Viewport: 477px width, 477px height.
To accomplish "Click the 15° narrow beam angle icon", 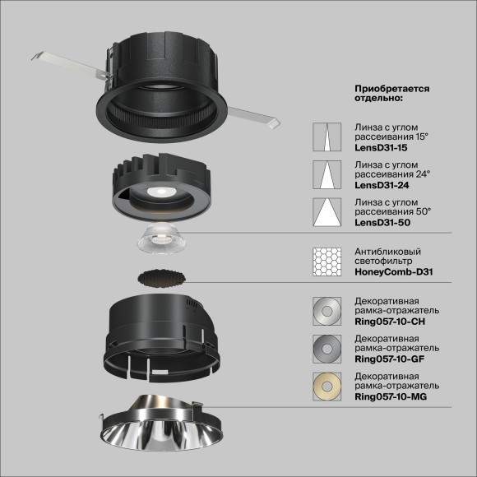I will pos(327,136).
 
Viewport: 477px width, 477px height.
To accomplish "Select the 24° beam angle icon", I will pos(327,175).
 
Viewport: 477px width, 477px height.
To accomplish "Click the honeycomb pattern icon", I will pos(327,262).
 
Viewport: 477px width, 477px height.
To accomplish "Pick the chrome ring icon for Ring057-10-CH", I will pos(327,312).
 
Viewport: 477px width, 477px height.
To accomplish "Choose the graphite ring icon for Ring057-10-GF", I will pos(327,349).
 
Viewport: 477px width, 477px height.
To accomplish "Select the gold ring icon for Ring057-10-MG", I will pos(327,386).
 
